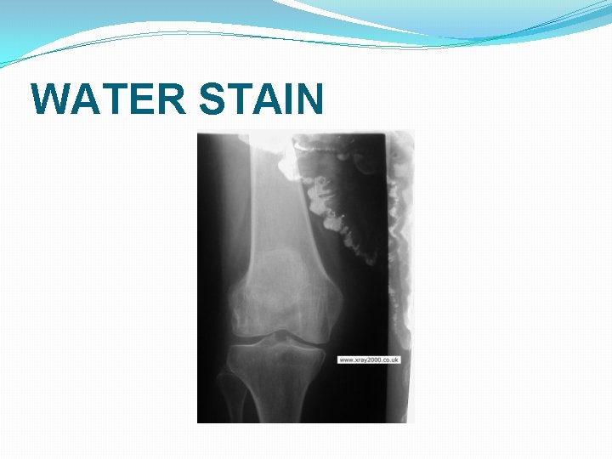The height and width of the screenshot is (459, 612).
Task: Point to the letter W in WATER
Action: click(x=52, y=99)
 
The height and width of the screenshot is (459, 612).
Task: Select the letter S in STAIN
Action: click(x=212, y=99)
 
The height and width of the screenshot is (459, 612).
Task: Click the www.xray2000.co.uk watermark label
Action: click(x=369, y=360)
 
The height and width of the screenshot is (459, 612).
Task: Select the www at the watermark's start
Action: click(x=346, y=360)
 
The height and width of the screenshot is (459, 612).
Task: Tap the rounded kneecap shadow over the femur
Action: click(x=276, y=272)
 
